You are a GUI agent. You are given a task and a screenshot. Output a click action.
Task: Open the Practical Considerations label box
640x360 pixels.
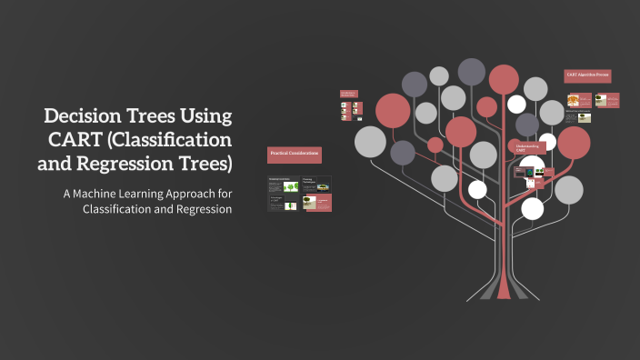[x=294, y=155]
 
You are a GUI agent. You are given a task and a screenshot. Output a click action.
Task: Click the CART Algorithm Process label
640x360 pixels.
[x=587, y=75]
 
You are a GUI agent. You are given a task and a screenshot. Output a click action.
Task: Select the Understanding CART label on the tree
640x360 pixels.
[x=527, y=147]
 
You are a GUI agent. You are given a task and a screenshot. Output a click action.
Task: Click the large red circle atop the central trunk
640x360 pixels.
[x=503, y=79]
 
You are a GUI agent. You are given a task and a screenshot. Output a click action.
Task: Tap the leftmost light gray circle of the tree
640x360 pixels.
[x=370, y=141]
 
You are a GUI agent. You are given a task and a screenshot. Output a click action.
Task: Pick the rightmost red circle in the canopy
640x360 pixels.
[x=573, y=142]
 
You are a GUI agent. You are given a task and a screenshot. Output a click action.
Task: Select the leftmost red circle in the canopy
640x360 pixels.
[x=393, y=110]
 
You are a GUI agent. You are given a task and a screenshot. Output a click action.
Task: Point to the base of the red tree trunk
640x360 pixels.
[x=504, y=293]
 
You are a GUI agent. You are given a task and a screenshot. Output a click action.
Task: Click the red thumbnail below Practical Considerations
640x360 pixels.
[x=316, y=203]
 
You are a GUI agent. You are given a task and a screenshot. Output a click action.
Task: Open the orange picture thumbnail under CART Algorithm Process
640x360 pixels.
[x=574, y=101]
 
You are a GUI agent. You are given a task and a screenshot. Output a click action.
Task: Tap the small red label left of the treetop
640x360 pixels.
[x=347, y=94]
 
